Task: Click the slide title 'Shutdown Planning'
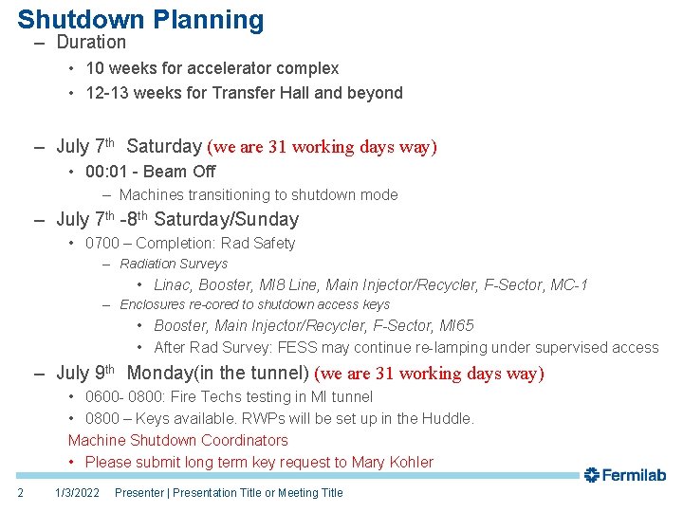[x=140, y=19]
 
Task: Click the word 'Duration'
[x=91, y=42]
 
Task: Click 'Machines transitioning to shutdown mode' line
[x=258, y=194]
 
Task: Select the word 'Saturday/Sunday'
[x=226, y=220]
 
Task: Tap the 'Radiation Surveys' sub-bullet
[x=174, y=264]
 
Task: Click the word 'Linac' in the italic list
[x=173, y=285]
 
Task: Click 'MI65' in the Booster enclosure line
[x=456, y=326]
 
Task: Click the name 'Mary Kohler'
[x=392, y=462]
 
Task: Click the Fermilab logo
[x=624, y=475]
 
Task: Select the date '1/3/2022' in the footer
[x=77, y=492]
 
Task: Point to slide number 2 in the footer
[x=20, y=492]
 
